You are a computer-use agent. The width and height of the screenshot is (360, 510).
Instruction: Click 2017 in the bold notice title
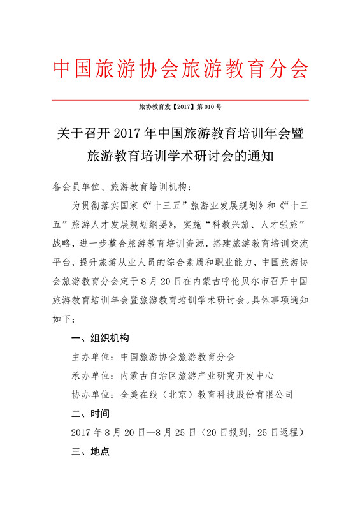coord(127,135)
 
